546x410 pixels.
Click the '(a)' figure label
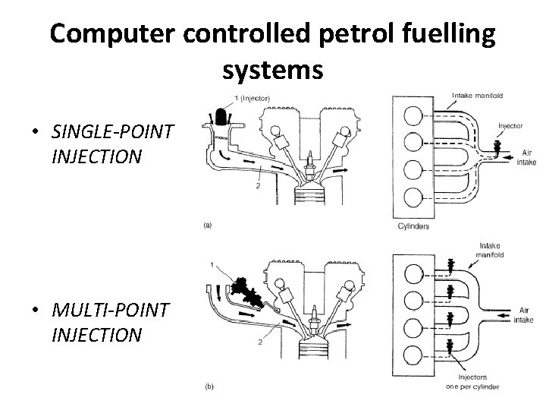208,225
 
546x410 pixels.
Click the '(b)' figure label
209,386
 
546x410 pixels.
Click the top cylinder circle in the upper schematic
413,116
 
